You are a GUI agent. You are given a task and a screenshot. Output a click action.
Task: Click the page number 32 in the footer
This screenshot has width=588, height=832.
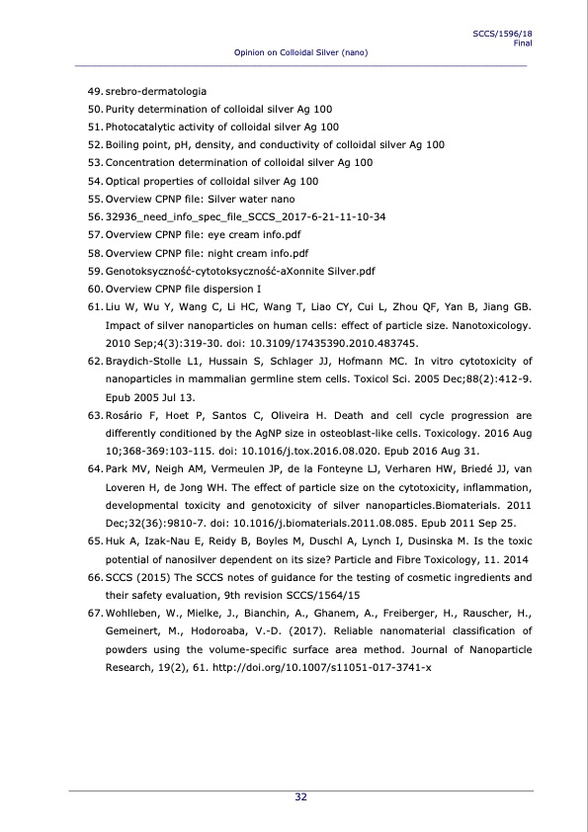[300, 797]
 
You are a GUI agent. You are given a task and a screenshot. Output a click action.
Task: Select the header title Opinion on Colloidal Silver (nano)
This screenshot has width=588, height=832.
[300, 52]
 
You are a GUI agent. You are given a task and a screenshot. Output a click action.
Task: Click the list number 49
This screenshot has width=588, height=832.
[95, 91]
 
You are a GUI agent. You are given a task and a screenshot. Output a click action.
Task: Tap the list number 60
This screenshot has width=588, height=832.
[95, 288]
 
